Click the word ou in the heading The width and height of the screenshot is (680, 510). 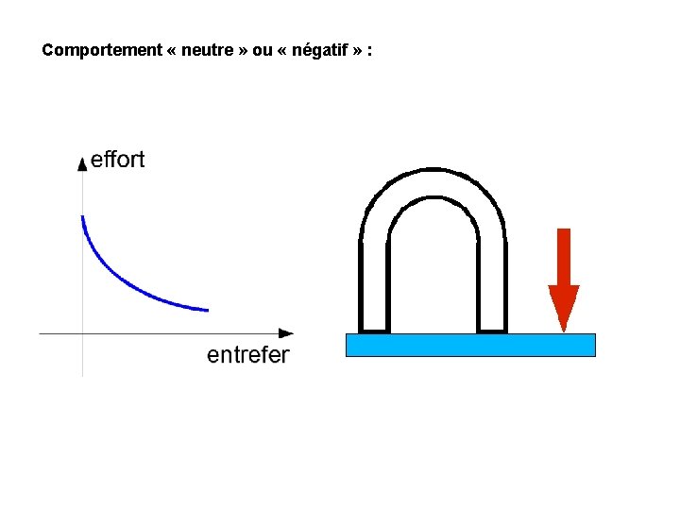point(262,50)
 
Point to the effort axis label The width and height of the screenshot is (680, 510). point(117,160)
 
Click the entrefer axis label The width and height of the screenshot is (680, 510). point(248,355)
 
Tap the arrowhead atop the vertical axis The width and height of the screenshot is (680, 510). point(82,162)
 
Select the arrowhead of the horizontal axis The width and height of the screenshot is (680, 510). point(286,332)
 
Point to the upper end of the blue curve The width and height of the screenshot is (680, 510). point(83,218)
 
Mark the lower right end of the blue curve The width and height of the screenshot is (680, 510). point(206,310)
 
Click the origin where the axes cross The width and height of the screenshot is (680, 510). point(82,332)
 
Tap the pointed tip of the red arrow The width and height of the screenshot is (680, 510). point(564,330)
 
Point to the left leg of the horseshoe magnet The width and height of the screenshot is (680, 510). point(374,288)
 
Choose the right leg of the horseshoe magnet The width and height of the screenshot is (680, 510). point(492,288)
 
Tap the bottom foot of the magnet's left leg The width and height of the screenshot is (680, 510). point(374,331)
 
